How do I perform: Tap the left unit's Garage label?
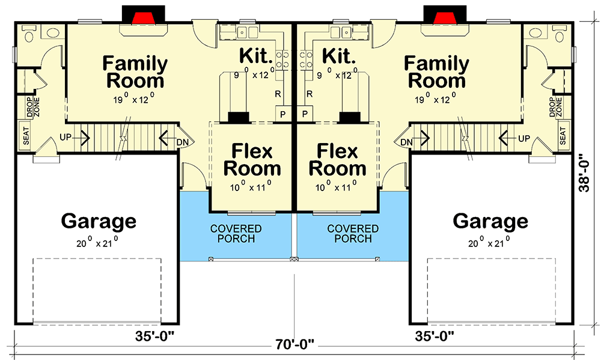[99, 221]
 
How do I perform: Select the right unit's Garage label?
[490, 221]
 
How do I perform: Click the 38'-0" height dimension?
[585, 173]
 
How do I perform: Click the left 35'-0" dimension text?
[154, 336]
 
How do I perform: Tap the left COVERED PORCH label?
[236, 233]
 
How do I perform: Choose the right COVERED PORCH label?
[353, 233]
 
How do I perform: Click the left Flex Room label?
[252, 159]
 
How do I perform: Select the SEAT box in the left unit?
[26, 136]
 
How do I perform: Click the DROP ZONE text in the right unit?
[555, 106]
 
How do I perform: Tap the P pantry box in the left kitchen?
[283, 114]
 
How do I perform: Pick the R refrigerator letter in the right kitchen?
[310, 94]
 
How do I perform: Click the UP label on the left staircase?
[66, 137]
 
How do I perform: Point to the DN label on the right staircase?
[406, 142]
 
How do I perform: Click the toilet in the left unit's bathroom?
[29, 34]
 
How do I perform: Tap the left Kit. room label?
[256, 56]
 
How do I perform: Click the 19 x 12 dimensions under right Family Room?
[435, 99]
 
